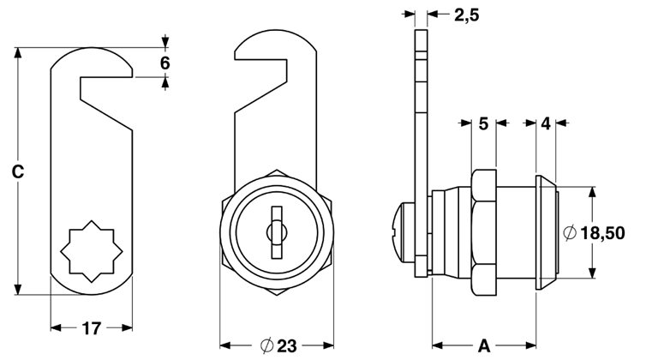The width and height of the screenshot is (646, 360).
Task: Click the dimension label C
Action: point(18,172)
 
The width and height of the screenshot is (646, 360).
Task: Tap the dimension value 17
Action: point(92,328)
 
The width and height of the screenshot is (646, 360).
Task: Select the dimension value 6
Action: point(164,63)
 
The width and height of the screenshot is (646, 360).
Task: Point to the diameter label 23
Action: point(286,346)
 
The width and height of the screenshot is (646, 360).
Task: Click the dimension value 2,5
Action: point(467,15)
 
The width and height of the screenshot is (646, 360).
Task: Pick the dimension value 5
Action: point(483,123)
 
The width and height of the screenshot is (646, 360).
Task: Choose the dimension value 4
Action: point(546,123)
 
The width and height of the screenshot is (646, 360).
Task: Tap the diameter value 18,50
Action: point(602,233)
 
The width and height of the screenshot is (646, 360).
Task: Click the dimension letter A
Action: point(484,346)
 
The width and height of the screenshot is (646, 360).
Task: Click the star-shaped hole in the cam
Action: point(92,251)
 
